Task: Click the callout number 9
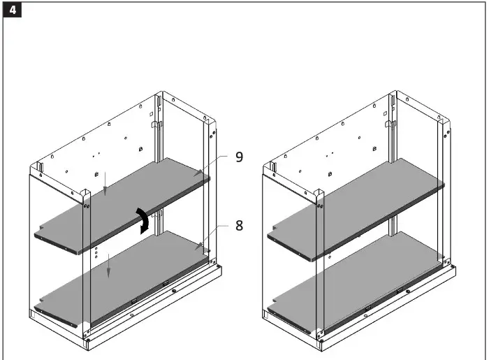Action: [239, 157]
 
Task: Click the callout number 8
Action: [239, 226]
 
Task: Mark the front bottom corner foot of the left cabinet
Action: [87, 343]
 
